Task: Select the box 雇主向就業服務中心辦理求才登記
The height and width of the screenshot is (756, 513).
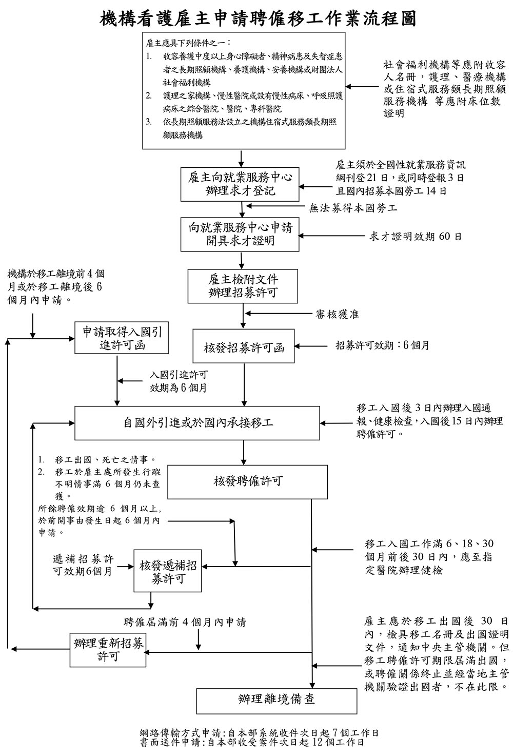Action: tap(240, 184)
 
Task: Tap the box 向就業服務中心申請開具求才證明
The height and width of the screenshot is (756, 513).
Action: tap(240, 234)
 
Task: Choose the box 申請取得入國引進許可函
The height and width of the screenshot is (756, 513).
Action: tap(122, 338)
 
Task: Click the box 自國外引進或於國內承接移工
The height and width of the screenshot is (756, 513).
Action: tap(198, 422)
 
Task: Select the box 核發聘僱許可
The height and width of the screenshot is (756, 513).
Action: tap(247, 481)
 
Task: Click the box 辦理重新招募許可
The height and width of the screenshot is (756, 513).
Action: tap(108, 650)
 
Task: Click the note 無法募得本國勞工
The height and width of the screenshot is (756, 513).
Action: tap(353, 208)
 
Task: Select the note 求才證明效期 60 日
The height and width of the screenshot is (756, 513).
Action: tap(415, 237)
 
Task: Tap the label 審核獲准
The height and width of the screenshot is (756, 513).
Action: tap(337, 314)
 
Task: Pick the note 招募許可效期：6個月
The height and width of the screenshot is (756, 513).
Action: tap(382, 345)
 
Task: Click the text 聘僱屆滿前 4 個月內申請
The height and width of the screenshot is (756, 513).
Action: tap(185, 622)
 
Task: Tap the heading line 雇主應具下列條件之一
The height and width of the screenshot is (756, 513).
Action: tap(188, 43)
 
